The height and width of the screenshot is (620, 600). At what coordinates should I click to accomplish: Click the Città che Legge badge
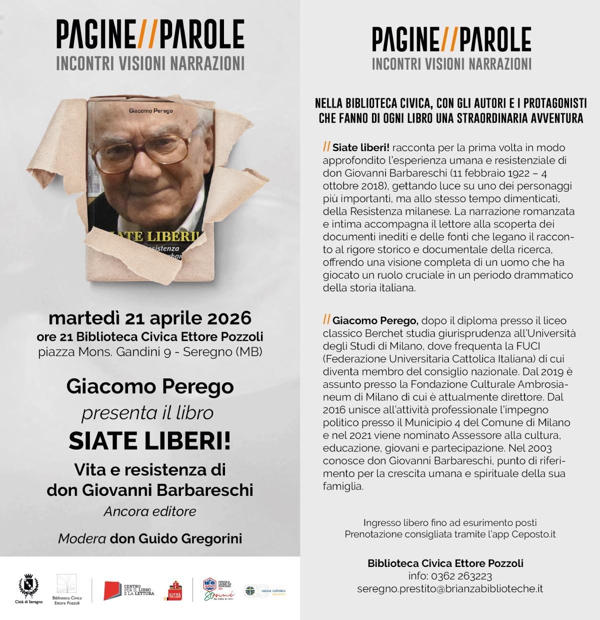175,591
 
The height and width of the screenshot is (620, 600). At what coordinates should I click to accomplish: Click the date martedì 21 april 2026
149,318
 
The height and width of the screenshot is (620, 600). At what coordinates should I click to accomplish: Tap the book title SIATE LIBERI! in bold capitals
149,440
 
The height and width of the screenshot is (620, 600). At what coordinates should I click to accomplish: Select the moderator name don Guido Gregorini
176,538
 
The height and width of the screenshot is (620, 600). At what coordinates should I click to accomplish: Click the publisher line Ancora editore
149,511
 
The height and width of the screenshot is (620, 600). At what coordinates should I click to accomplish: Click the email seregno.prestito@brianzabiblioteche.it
450,589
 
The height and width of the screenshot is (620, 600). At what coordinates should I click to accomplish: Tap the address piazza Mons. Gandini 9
108,352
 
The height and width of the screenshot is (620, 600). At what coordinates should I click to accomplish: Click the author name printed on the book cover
150,110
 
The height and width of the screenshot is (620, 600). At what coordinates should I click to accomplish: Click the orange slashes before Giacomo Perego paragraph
326,319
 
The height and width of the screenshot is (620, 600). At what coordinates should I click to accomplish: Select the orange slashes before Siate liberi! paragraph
326,147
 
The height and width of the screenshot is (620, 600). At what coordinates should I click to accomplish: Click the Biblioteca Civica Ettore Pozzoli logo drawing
66,584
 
